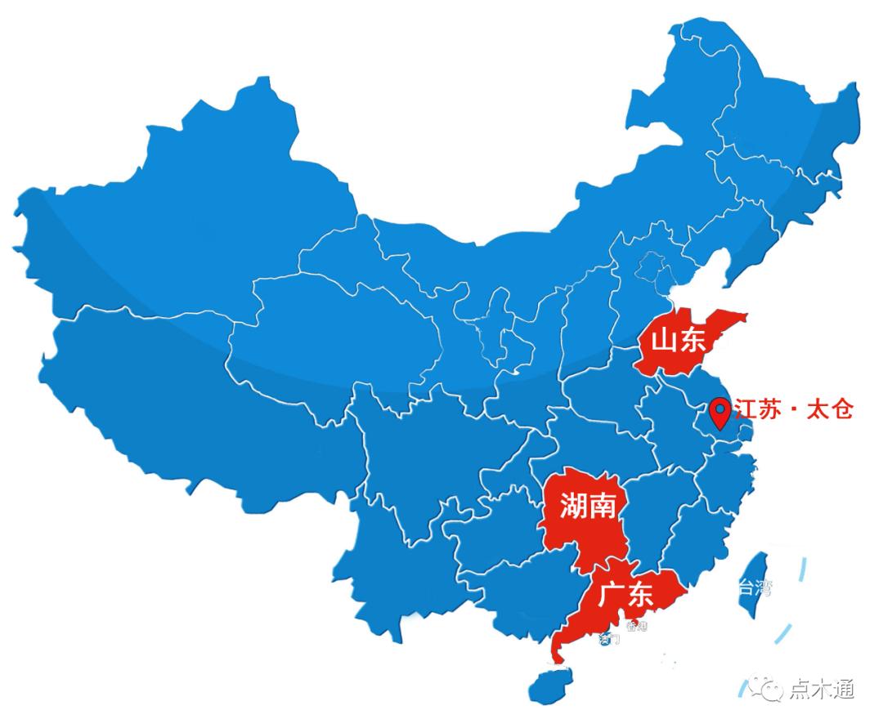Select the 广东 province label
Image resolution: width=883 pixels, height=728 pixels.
pyautogui.click(x=625, y=594)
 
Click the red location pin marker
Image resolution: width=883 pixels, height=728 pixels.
pyautogui.click(x=719, y=413)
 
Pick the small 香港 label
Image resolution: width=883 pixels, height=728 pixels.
pyautogui.click(x=635, y=627)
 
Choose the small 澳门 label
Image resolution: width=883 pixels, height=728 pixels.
pyautogui.click(x=609, y=638)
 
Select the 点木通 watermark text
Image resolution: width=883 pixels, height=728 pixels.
pyautogui.click(x=822, y=690)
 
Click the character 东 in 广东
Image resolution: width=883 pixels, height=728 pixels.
pyautogui.click(x=640, y=594)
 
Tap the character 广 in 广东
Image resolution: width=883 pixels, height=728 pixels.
pyautogui.click(x=611, y=594)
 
